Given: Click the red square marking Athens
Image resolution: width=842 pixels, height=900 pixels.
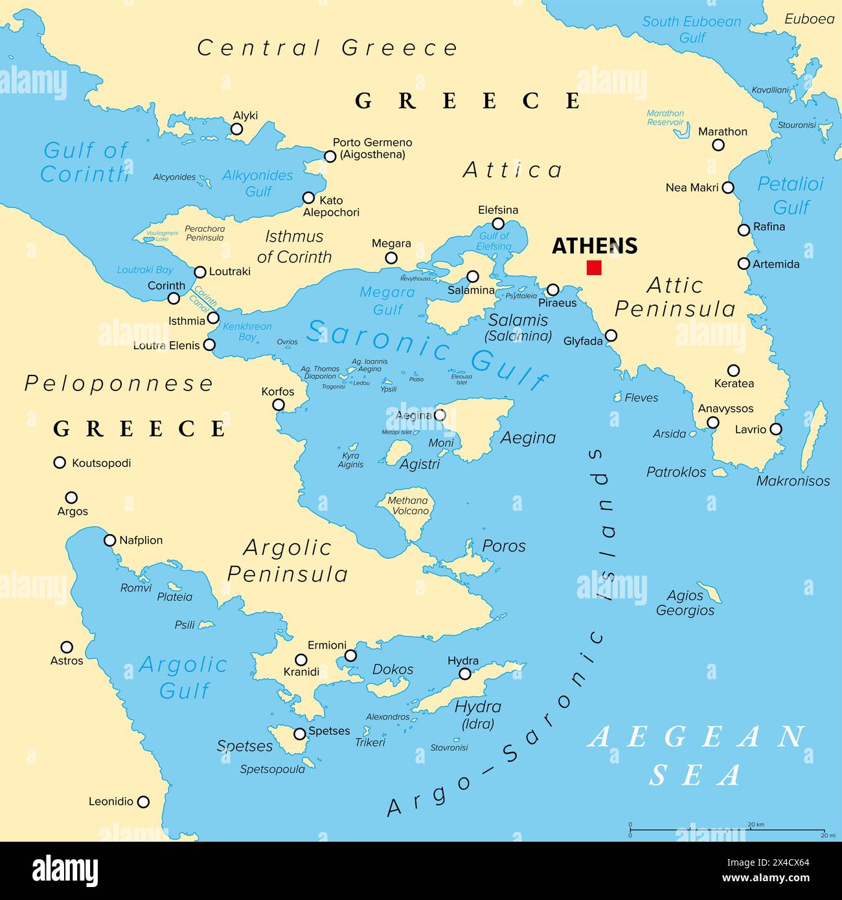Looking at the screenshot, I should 594,267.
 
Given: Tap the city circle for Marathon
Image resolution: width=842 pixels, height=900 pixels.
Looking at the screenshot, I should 718,146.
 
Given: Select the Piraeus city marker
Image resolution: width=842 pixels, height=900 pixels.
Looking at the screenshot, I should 552,289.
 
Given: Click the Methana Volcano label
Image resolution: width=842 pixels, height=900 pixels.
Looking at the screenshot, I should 408,506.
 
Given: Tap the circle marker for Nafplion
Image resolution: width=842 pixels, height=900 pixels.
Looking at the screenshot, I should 109,540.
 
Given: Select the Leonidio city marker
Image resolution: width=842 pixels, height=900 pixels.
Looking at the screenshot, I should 143,802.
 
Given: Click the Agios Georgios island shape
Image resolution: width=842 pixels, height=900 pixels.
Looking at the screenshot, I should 711,593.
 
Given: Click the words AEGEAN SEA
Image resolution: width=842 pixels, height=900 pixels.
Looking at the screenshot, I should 696,755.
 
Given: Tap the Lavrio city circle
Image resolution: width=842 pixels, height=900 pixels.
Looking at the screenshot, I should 775,429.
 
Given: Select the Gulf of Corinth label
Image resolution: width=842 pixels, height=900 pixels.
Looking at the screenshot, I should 85,162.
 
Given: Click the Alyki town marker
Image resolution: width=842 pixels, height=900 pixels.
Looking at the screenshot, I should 237,129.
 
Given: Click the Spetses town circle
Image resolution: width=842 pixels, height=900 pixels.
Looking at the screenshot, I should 300,734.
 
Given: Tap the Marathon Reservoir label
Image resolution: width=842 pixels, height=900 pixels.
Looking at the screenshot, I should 665,117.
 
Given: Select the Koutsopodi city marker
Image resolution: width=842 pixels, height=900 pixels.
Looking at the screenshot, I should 60,462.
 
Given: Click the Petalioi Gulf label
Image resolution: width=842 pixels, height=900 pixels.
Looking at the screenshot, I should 791,196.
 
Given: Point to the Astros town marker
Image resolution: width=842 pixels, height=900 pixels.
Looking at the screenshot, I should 67,647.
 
